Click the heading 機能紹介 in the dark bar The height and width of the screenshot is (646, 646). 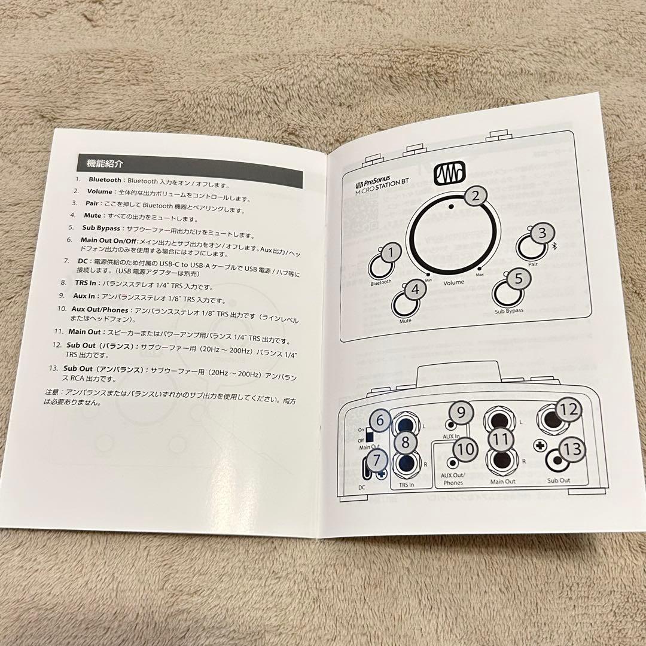click(106, 163)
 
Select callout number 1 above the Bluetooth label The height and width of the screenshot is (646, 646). click(391, 253)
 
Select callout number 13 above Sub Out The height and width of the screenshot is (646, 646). click(572, 449)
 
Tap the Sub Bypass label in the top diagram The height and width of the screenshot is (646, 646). click(509, 310)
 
